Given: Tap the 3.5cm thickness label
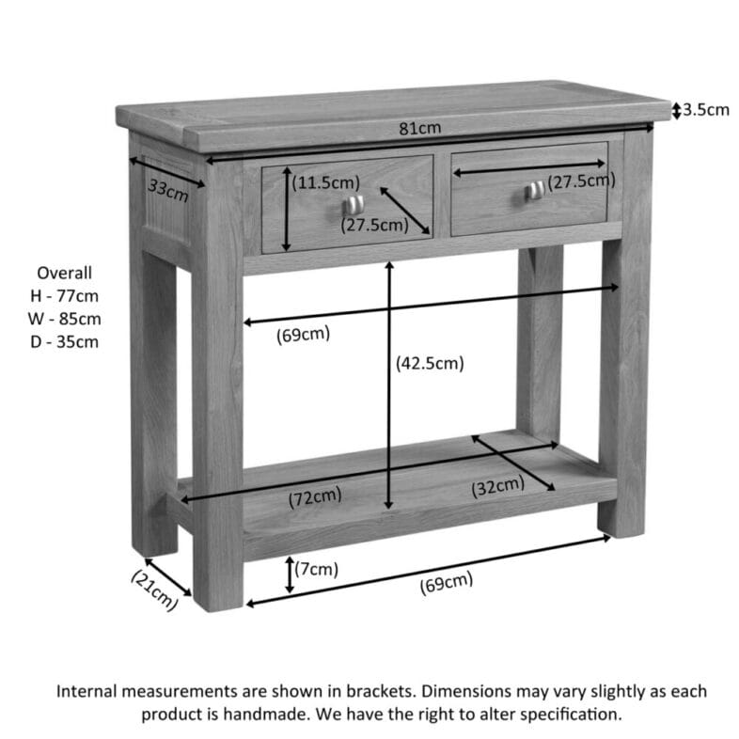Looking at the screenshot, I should pos(705,110).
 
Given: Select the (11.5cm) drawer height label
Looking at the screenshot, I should pos(325,182).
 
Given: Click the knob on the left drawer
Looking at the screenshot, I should pos(352,204).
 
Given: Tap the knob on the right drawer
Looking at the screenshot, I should pos(533,191).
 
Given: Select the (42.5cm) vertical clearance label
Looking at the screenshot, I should pos(430,362).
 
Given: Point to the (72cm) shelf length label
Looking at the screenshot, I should pos(315,495).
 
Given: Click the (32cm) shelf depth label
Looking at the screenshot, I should pos(497,486).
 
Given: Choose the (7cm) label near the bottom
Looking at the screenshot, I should pos(317,568).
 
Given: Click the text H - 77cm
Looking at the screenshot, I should pos(64,296).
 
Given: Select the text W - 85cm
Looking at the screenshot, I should pos(64,319).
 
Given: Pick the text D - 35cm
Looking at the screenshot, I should pos(64,341).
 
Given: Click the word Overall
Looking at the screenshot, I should pos(64,274).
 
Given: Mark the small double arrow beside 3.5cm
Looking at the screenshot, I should pos(675,111).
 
